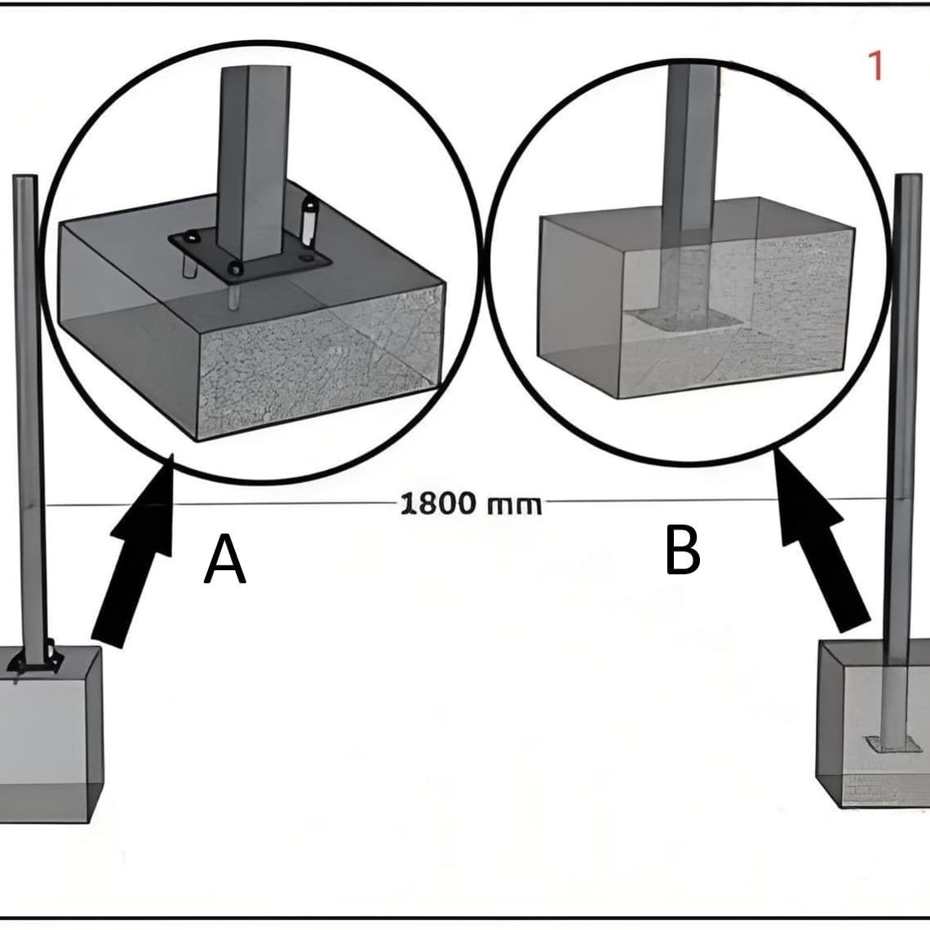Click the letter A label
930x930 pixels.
(225, 560)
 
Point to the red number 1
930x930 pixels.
(876, 66)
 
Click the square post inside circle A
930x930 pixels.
(253, 155)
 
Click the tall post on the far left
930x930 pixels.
(27, 408)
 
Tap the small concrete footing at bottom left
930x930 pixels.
(49, 734)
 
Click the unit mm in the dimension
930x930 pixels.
(514, 505)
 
